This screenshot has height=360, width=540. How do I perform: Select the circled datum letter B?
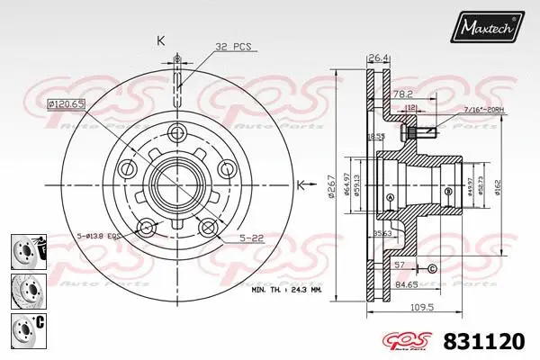click(x=447, y=191)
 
